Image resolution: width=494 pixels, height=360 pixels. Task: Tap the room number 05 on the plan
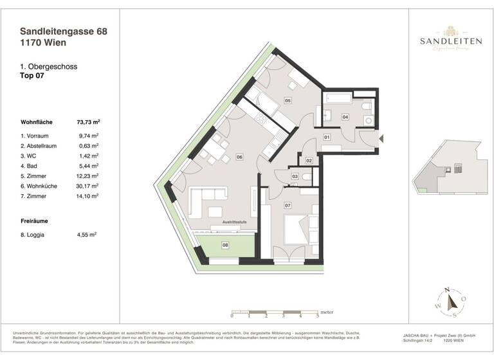click(288, 101)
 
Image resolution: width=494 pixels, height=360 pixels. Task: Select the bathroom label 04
click(345, 117)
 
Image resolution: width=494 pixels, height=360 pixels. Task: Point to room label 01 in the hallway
click(327, 137)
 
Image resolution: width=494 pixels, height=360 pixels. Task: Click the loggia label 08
click(225, 245)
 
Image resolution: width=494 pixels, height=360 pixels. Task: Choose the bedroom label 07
click(288, 206)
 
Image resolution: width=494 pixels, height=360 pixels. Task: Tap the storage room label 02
click(309, 160)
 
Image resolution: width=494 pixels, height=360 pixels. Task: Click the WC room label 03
click(295, 176)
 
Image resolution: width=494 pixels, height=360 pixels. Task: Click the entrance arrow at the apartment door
click(381, 138)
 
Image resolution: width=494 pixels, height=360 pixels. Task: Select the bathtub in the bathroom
click(338, 99)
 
